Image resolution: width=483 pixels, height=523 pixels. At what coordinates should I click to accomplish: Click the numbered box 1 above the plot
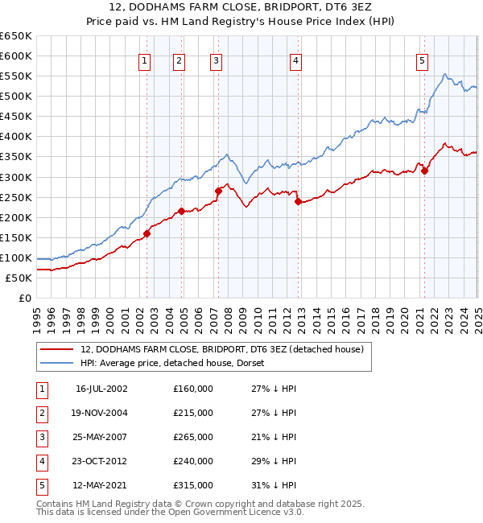144,60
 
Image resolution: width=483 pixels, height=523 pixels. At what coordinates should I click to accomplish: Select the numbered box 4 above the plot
296,60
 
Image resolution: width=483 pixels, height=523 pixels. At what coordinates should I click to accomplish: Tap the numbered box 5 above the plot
422,60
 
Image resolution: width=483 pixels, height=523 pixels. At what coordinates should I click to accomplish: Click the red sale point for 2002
147,233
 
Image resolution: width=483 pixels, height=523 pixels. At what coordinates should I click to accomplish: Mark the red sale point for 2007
218,191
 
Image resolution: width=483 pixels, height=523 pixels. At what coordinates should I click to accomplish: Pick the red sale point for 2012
298,201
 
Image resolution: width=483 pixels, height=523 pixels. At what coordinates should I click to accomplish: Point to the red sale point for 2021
424,171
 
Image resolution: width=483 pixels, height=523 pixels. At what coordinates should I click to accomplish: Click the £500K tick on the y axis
17,96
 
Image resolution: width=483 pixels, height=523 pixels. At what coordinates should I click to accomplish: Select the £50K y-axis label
20,278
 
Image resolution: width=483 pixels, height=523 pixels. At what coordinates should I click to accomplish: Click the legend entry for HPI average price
178,363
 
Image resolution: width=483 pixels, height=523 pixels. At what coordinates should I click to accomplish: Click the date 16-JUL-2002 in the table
101,389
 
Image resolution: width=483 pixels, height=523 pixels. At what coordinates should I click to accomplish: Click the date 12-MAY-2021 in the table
101,485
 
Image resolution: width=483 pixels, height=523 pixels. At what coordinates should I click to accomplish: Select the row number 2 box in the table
41,413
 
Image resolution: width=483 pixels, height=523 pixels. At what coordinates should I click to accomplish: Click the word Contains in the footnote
55,504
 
